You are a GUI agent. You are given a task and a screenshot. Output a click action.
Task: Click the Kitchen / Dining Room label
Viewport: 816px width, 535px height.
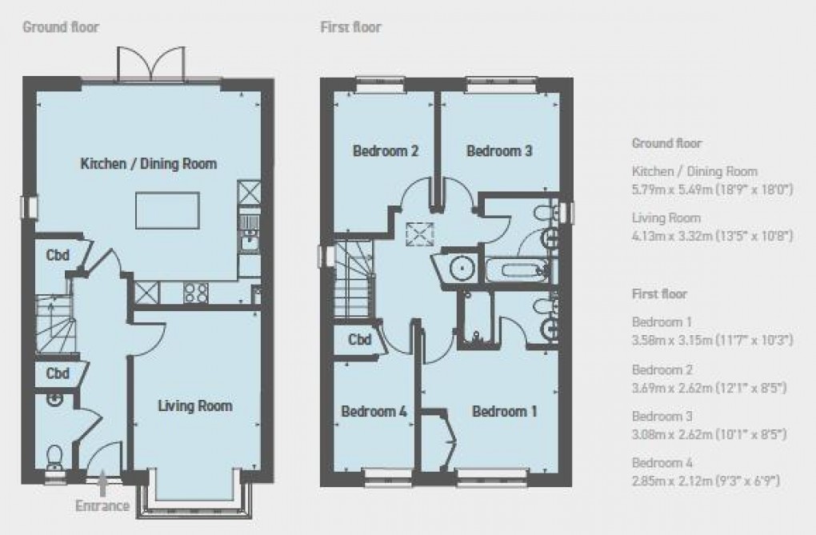coord(148,164)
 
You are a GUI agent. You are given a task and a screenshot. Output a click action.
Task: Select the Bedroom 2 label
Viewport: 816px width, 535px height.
coord(386,150)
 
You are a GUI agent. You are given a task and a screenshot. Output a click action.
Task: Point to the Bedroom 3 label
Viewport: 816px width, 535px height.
coord(500,150)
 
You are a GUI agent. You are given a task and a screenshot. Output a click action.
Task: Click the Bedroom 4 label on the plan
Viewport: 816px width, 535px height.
coord(374,412)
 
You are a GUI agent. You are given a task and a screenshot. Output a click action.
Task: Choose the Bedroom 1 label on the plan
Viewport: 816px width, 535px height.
coord(504,412)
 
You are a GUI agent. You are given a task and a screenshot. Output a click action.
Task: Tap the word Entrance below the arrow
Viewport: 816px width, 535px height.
coord(102,505)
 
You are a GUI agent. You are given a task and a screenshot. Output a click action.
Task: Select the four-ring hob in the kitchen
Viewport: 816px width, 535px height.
coord(196,293)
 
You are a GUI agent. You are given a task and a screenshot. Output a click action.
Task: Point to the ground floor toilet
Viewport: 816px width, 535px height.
coord(55,458)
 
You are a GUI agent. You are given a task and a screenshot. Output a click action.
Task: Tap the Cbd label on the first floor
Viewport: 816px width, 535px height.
coord(360,341)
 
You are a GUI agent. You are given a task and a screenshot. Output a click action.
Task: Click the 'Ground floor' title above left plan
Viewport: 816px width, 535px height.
coord(60,27)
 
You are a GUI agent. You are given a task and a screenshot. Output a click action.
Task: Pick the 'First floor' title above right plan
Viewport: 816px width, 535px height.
coord(350,27)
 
